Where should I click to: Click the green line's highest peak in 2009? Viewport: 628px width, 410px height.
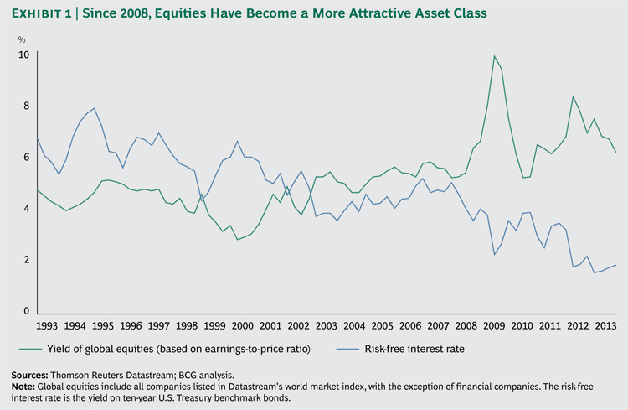click(x=494, y=56)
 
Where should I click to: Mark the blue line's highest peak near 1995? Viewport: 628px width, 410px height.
click(x=93, y=108)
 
